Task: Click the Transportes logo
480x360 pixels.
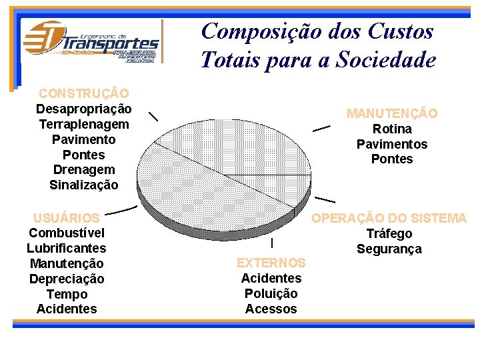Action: tap(91, 41)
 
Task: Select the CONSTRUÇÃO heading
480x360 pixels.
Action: tap(84, 93)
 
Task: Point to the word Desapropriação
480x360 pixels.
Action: tap(84, 109)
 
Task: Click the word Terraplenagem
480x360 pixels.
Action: tap(84, 124)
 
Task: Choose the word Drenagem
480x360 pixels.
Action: tap(84, 170)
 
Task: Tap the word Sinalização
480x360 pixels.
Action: tap(84, 185)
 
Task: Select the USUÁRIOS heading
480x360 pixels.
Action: tap(67, 217)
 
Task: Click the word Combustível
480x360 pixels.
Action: tap(67, 233)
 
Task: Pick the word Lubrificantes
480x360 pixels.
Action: tap(67, 248)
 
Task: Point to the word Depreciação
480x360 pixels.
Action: tap(67, 279)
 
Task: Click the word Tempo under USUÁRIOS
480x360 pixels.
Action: tap(67, 294)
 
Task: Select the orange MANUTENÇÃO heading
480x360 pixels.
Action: tap(392, 113)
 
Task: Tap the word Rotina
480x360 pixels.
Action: tap(392, 129)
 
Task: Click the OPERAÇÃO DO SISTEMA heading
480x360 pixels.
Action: tap(389, 218)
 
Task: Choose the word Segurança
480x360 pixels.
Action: tap(389, 249)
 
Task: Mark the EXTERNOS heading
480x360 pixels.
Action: tap(271, 263)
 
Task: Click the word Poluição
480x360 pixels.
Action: tap(271, 293)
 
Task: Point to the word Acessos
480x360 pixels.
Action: tap(271, 309)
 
